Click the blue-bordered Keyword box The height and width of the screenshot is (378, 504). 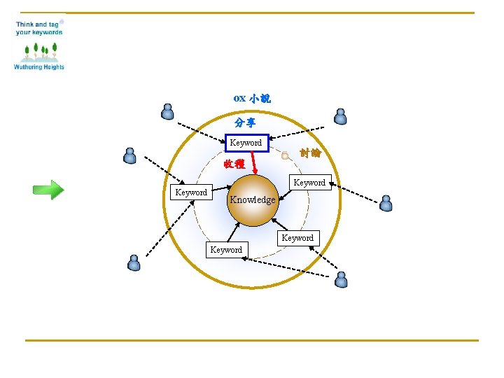pyautogui.click(x=246, y=143)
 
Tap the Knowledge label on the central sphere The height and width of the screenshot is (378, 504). pyautogui.click(x=253, y=199)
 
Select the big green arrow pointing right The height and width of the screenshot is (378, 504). pyautogui.click(x=48, y=190)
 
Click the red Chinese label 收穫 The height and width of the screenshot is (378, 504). pyautogui.click(x=234, y=164)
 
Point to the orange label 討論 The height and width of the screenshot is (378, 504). pyautogui.click(x=310, y=153)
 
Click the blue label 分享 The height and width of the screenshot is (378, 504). pyautogui.click(x=245, y=122)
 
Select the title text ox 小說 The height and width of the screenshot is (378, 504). pyautogui.click(x=252, y=99)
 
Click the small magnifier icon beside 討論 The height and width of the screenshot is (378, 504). pyautogui.click(x=285, y=156)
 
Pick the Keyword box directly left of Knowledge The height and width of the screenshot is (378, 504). pyautogui.click(x=191, y=192)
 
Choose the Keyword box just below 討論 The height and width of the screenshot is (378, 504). pyautogui.click(x=309, y=183)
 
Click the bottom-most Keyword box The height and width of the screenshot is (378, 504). pyautogui.click(x=226, y=249)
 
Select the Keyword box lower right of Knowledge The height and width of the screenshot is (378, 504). pyautogui.click(x=297, y=238)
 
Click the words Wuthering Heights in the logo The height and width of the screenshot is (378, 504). pyautogui.click(x=39, y=67)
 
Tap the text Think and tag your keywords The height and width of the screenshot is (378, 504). pyautogui.click(x=39, y=28)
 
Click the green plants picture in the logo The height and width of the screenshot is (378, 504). pyautogui.click(x=39, y=50)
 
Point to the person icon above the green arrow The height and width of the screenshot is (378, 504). pyautogui.click(x=129, y=155)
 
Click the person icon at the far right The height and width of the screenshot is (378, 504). pyautogui.click(x=386, y=203)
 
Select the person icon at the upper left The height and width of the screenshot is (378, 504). pyautogui.click(x=167, y=111)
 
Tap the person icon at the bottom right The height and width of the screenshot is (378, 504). pyautogui.click(x=341, y=280)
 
